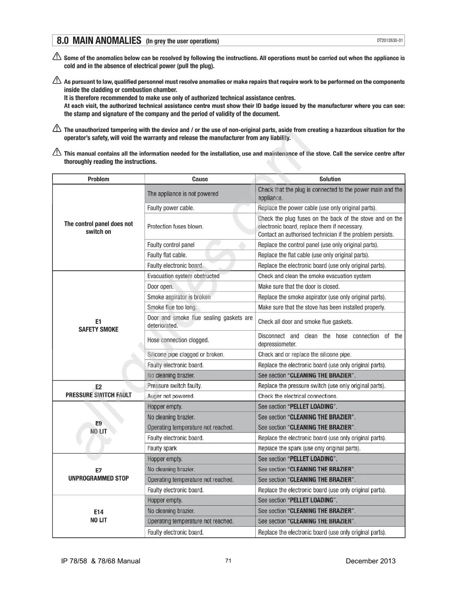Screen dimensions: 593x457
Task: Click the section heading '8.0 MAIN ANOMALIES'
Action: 99,40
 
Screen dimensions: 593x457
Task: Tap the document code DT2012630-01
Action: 390,40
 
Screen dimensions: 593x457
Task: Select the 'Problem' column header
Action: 98,179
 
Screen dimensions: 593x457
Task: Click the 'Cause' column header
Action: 200,179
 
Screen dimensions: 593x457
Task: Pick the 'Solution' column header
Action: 330,179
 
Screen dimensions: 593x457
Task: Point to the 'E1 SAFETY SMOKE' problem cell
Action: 98,325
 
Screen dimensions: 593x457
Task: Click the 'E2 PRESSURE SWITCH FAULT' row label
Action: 98,391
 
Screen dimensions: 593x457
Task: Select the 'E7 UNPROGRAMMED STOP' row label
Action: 98,474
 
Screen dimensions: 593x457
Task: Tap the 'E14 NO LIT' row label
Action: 98,516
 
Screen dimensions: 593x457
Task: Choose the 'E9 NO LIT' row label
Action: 98,427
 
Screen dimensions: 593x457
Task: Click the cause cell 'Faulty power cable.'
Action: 171,208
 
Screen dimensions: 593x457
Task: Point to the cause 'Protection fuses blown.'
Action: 175,226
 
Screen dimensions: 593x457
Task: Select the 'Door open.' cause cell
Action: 160,287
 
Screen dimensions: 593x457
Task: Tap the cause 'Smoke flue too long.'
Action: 172,307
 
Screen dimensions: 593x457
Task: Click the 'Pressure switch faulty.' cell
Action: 174,386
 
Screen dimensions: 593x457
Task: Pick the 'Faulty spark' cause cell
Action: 162,448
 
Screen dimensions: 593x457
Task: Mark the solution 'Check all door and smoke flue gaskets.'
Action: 305,322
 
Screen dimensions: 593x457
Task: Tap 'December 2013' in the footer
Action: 370,561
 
